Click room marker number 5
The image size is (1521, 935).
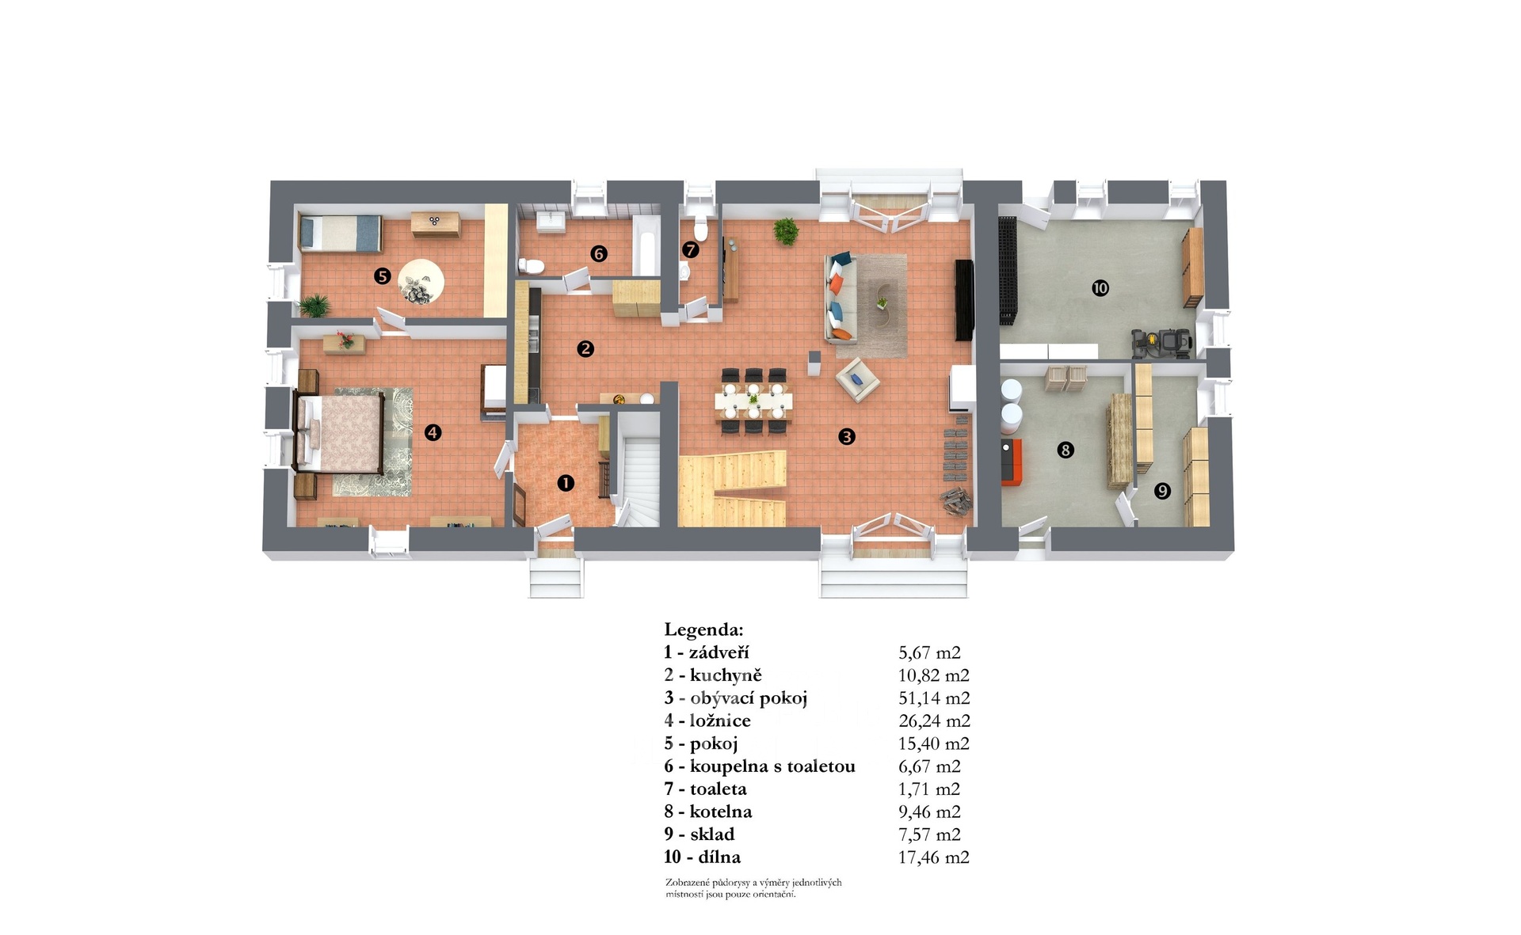(x=383, y=276)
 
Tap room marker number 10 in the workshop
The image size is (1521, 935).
(x=1100, y=288)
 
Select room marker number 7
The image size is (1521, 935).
(x=691, y=250)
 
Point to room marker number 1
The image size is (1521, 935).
(x=566, y=482)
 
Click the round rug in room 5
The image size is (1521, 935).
(x=421, y=281)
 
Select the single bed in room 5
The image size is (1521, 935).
(x=341, y=233)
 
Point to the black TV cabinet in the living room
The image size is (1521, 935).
(x=964, y=300)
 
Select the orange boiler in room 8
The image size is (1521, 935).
(x=1012, y=462)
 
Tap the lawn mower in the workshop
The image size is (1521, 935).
(x=1161, y=343)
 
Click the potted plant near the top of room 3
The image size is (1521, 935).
(x=786, y=231)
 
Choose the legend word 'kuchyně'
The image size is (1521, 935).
(x=726, y=675)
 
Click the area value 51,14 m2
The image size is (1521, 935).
(x=934, y=698)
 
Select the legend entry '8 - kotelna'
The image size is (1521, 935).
(x=708, y=811)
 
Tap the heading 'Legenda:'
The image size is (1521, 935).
(x=704, y=631)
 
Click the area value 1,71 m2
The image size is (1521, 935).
(x=929, y=789)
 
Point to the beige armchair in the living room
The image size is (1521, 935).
(x=857, y=380)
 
